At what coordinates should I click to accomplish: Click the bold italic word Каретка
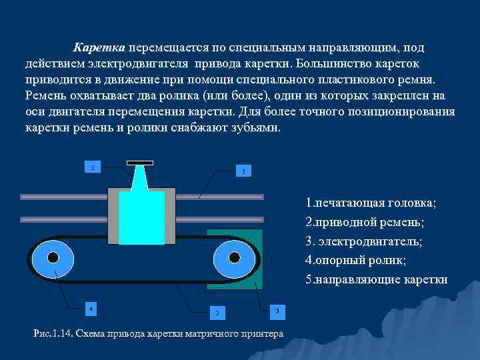[x=99, y=48]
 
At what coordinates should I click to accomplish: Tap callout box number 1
[x=94, y=166]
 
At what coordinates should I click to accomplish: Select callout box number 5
[x=243, y=171]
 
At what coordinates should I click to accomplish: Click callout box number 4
[x=91, y=308]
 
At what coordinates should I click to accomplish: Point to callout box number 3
[x=275, y=310]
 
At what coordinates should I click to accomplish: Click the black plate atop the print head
[x=141, y=162]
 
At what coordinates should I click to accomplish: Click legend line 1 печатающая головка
[x=370, y=202]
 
